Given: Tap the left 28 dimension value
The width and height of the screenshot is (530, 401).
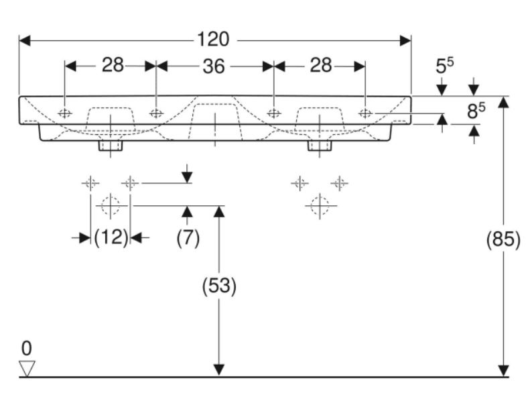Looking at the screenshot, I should (113, 66).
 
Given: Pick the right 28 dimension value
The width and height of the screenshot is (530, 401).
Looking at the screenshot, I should (321, 66).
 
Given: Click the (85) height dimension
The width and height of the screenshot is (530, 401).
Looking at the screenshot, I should (503, 239).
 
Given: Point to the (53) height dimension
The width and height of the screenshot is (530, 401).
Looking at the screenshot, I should (218, 286).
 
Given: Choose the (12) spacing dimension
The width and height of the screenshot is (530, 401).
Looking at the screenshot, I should (111, 238).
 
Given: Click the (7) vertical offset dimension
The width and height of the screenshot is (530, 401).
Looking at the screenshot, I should (188, 238).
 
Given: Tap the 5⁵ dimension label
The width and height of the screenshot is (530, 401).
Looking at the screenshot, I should (444, 66).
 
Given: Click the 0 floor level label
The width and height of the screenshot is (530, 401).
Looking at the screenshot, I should (26, 348).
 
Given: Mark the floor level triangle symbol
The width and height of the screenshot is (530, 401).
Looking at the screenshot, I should (27, 367).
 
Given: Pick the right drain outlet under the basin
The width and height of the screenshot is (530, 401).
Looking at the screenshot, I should (319, 146).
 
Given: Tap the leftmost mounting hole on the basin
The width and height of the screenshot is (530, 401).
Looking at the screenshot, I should (65, 113).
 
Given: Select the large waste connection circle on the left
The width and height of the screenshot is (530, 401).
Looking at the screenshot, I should (111, 205).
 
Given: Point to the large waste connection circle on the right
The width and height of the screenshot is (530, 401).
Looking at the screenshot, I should (320, 205).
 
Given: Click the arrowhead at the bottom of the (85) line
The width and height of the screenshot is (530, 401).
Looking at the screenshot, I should (503, 371).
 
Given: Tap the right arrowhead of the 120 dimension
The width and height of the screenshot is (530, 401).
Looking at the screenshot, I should (405, 40).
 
